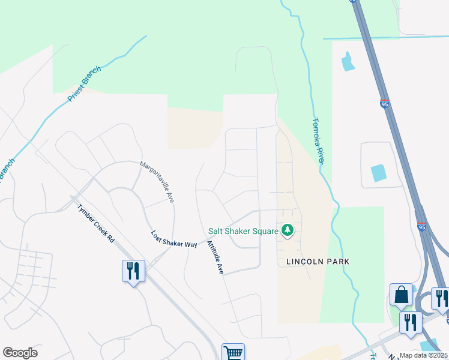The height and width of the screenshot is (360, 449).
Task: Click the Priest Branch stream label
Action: pyautogui.click(x=85, y=84)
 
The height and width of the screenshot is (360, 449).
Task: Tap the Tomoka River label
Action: pyautogui.click(x=318, y=140)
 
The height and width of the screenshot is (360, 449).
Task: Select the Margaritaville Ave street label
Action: pyautogui.click(x=157, y=181)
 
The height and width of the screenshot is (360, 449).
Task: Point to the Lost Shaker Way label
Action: pyautogui.click(x=174, y=239)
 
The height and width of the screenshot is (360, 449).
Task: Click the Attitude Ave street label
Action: pyautogui.click(x=215, y=258)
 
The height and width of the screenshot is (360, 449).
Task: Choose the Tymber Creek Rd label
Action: pyautogui.click(x=96, y=223)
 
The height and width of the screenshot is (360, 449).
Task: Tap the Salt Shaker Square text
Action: pyautogui.click(x=243, y=230)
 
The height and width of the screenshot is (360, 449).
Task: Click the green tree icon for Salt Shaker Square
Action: pyautogui.click(x=288, y=230)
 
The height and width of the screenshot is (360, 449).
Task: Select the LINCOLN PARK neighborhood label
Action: pyautogui.click(x=318, y=262)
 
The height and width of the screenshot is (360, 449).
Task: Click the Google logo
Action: pyautogui.click(x=20, y=353)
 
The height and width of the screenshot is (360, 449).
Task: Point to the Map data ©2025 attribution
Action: pyautogui.click(x=424, y=355)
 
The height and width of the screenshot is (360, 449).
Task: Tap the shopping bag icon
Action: pyautogui.click(x=401, y=295)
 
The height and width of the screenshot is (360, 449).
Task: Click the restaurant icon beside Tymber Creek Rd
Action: pyautogui.click(x=133, y=271)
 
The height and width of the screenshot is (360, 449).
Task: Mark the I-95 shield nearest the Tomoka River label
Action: pyautogui.click(x=384, y=104)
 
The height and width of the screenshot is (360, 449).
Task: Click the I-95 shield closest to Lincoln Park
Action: pyautogui.click(x=422, y=227)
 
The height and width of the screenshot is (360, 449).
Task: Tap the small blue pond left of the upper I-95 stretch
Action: pyautogui.click(x=347, y=62)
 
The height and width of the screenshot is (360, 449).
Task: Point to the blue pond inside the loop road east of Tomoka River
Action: pyautogui.click(x=379, y=173)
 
